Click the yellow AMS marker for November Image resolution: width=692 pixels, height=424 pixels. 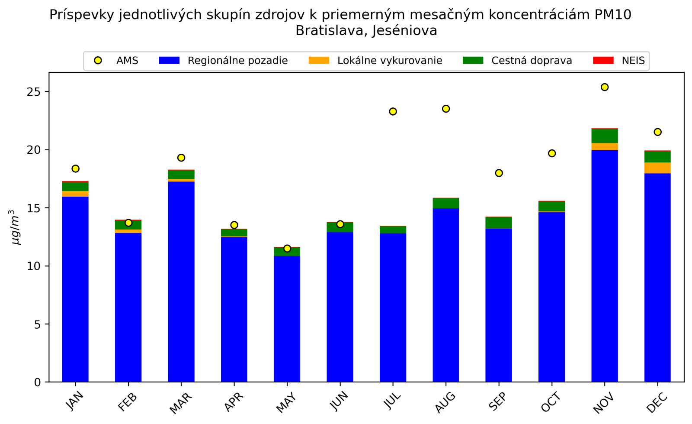[605, 87]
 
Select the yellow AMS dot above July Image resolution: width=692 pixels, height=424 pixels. [393, 111]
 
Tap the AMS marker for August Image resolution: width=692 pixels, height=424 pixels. [446, 109]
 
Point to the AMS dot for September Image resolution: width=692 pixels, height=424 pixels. [499, 173]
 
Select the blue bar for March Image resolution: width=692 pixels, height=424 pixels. [181, 282]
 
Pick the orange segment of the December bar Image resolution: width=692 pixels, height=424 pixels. [657, 168]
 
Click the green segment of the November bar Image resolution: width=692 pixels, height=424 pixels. [605, 136]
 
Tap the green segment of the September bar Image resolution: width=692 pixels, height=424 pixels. [499, 223]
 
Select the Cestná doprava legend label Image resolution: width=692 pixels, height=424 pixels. [532, 61]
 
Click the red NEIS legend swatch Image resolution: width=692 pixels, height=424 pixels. [603, 61]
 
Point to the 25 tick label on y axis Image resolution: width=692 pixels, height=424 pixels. [35, 92]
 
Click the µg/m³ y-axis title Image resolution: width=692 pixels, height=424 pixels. [16, 227]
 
